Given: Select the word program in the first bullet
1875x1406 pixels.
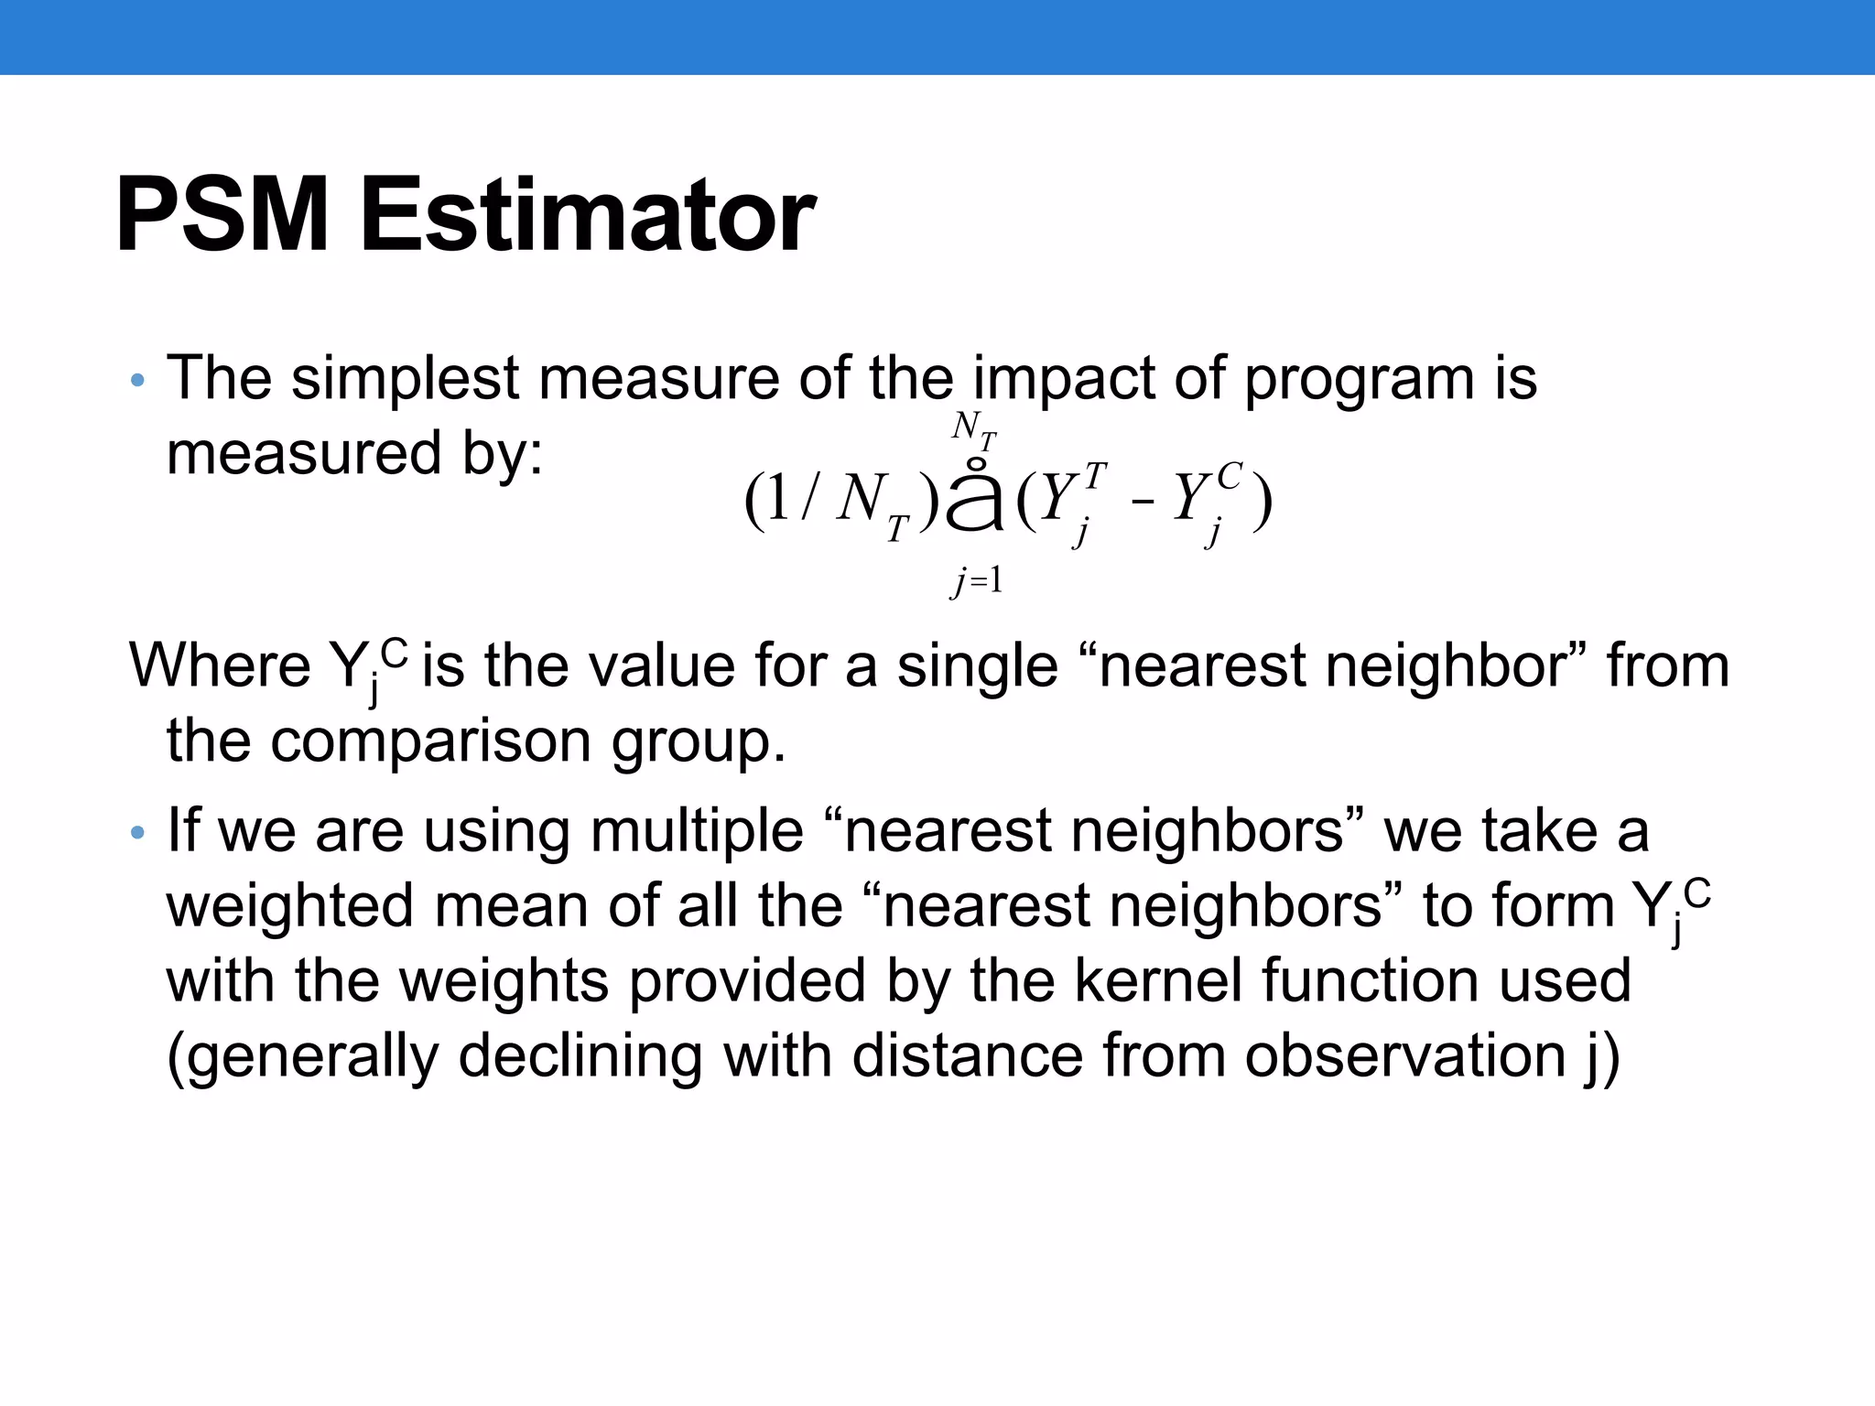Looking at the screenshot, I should tap(1359, 379).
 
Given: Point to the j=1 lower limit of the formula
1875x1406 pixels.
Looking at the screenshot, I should tap(976, 580).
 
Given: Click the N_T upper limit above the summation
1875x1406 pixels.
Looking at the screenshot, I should tap(973, 429).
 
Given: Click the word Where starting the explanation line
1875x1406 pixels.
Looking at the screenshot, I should tap(220, 665).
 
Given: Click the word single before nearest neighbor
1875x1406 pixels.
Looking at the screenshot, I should tap(977, 665).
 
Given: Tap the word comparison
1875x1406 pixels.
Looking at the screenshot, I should tap(430, 741).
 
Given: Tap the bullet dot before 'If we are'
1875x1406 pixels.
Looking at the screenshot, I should tap(138, 833).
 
